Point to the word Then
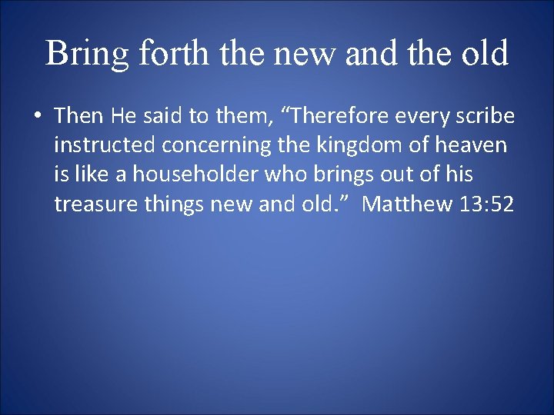[x=80, y=116]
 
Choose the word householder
[x=196, y=174]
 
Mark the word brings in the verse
[x=337, y=175]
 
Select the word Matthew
[x=408, y=204]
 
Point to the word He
[x=123, y=116]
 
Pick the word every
[x=412, y=117]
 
